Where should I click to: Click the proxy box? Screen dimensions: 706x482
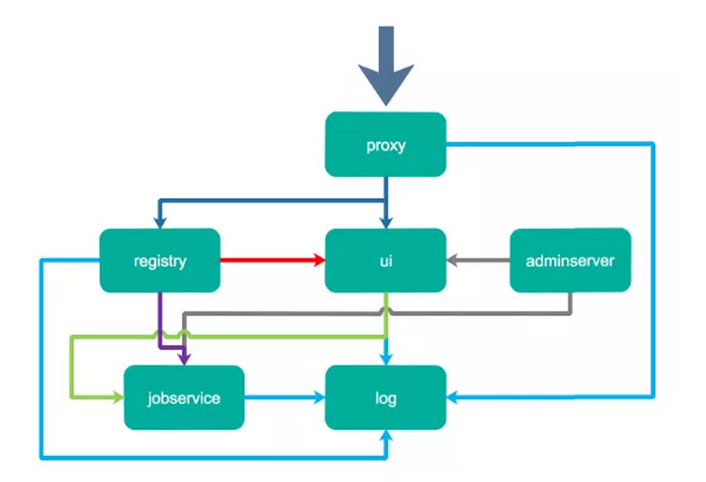pyautogui.click(x=385, y=144)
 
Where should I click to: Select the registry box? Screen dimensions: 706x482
pyautogui.click(x=160, y=260)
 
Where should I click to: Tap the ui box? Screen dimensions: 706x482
pyautogui.click(x=385, y=260)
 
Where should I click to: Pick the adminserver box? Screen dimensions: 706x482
pyautogui.click(x=570, y=260)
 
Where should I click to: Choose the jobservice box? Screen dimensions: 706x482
pyautogui.click(x=184, y=397)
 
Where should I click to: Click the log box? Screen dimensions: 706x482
pyautogui.click(x=385, y=397)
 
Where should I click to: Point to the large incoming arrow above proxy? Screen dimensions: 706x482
pyautogui.click(x=386, y=66)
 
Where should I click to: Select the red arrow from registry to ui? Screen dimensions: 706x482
pyautogui.click(x=273, y=259)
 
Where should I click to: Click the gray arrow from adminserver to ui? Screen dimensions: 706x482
pyautogui.click(x=479, y=260)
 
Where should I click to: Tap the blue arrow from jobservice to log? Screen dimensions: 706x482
pyautogui.click(x=285, y=397)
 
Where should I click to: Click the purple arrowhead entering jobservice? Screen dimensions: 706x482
pyautogui.click(x=184, y=359)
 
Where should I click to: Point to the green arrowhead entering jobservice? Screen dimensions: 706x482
pyautogui.click(x=118, y=397)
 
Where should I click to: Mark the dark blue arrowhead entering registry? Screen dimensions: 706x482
pyautogui.click(x=160, y=223)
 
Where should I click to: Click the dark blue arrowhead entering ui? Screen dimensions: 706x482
pyautogui.click(x=386, y=223)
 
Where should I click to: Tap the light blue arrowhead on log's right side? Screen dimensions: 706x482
pyautogui.click(x=453, y=397)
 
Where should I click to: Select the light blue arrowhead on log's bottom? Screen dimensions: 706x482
pyautogui.click(x=386, y=436)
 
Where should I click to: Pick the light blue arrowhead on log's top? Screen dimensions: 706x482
pyautogui.click(x=386, y=359)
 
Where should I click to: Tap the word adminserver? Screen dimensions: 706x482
pyautogui.click(x=570, y=260)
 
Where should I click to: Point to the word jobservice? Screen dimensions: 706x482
pyautogui.click(x=184, y=398)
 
